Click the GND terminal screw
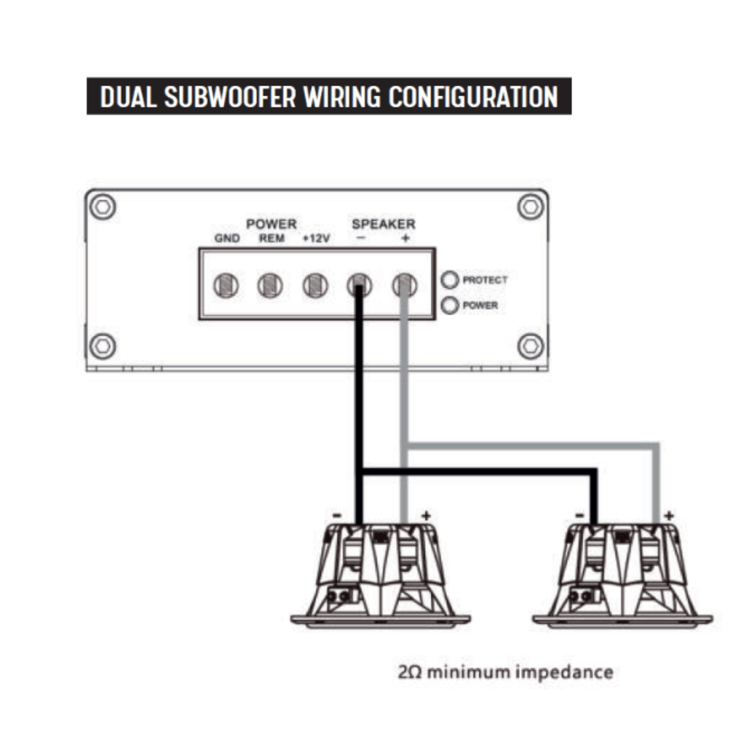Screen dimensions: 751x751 point(226,286)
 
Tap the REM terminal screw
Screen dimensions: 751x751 point(270,286)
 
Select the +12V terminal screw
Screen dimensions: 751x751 point(315,286)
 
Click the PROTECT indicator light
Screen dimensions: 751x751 point(450,280)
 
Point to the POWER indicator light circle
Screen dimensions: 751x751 point(450,306)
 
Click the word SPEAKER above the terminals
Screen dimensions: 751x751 point(384,224)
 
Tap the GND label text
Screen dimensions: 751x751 point(227,238)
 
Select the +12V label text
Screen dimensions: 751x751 point(317,238)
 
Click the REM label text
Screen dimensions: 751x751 point(272,238)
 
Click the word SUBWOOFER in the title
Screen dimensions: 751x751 point(230,97)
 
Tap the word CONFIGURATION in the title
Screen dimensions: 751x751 point(473,97)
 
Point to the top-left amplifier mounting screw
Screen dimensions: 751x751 point(103,207)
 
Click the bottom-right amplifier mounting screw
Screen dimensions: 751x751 point(530,346)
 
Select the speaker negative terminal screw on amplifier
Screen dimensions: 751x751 point(359,286)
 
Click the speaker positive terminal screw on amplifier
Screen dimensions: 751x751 point(405,286)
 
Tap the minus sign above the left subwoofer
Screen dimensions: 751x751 point(337,516)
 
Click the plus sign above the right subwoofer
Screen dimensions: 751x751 point(669,516)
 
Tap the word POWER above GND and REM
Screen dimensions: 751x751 point(272,224)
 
